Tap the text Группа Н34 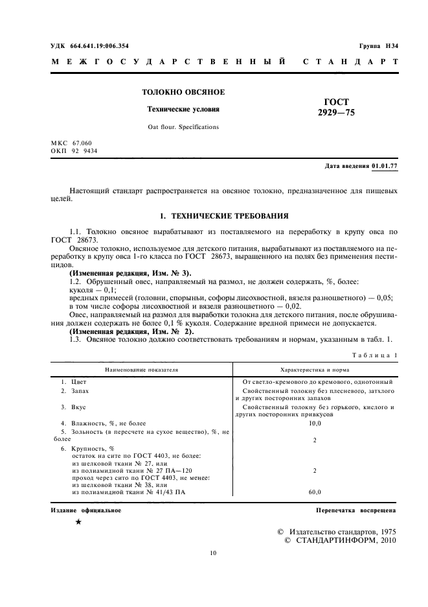(379, 46)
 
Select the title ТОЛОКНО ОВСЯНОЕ (183, 93)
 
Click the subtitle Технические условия (183, 110)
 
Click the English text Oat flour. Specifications (183, 127)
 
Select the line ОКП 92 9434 (74, 150)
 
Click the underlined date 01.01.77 (385, 166)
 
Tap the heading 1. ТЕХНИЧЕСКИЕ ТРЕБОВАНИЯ (224, 215)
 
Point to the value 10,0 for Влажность (314, 423)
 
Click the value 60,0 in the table (314, 492)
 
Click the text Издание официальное (86, 510)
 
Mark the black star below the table (78, 522)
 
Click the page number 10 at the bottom (214, 553)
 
